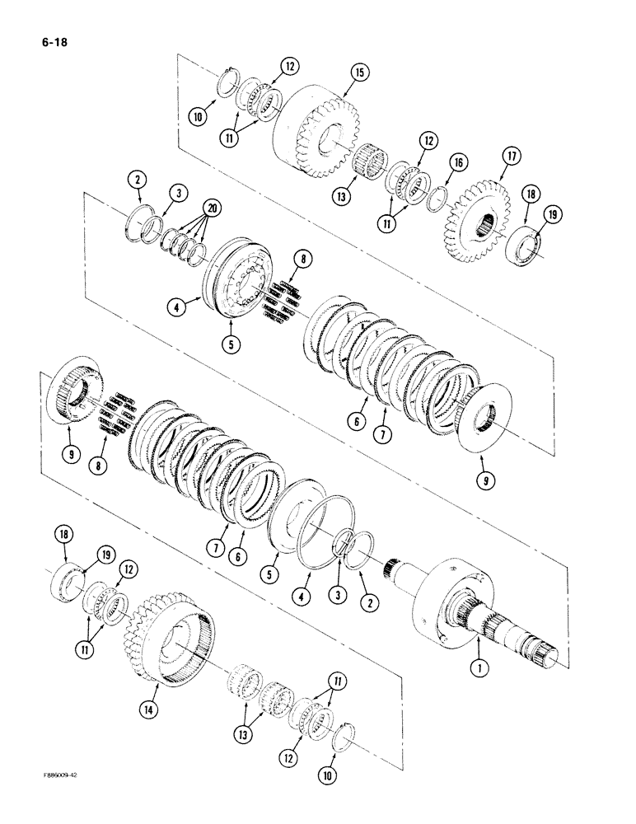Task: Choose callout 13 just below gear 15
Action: [359, 196]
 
